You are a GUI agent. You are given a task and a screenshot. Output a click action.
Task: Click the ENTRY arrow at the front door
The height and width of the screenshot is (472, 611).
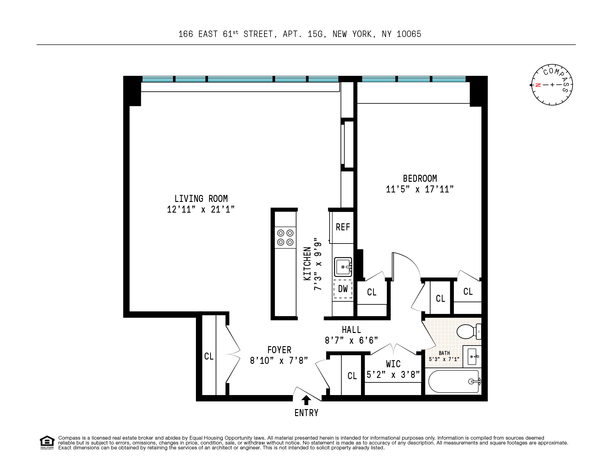coord(306,400)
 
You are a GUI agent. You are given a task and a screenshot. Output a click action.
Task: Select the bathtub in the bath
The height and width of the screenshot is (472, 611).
coord(453,382)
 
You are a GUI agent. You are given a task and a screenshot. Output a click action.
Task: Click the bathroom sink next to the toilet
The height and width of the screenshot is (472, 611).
coord(472,357)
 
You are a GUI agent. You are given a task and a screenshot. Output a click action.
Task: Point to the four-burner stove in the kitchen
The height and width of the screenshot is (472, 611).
coord(285,238)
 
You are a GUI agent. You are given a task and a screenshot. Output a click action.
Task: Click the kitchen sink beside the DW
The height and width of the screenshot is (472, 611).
coord(343,267)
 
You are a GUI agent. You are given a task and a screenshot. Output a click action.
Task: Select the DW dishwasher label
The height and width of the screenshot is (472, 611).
coord(343,289)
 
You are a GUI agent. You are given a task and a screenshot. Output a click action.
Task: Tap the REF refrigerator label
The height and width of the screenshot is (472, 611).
coord(343,227)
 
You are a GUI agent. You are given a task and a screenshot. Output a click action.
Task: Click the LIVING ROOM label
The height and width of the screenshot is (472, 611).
coord(201,199)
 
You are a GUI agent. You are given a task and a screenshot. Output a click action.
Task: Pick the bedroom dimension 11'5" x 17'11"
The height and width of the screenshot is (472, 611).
coord(420,189)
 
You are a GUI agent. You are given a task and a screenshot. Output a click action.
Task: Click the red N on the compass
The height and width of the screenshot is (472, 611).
coord(538,85)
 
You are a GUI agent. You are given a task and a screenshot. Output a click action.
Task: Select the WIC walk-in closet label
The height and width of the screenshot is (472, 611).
coord(393,364)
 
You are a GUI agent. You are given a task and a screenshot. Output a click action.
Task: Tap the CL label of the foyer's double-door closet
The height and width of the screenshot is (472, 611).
coord(209,357)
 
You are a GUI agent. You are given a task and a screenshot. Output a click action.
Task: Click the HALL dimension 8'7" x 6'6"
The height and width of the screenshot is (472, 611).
coord(351,341)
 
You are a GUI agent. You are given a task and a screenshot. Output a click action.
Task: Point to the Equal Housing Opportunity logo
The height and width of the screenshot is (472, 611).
coord(47,442)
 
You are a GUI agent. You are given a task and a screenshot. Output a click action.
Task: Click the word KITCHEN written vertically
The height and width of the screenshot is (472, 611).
coord(307,264)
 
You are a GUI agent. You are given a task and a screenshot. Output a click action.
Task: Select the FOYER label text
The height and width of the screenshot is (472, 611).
coord(279,350)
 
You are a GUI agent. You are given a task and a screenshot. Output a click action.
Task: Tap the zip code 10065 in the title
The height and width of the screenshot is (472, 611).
coord(409,34)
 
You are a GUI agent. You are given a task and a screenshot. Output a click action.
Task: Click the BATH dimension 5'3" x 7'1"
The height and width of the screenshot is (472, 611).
coord(444,359)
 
